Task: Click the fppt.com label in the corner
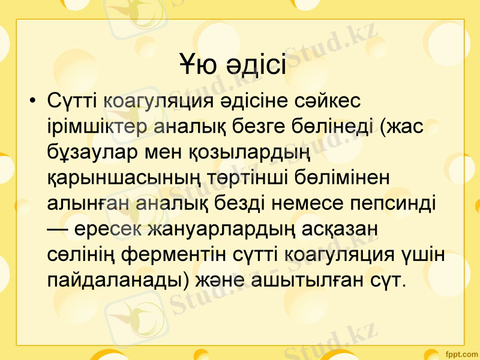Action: pos(461,351)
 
